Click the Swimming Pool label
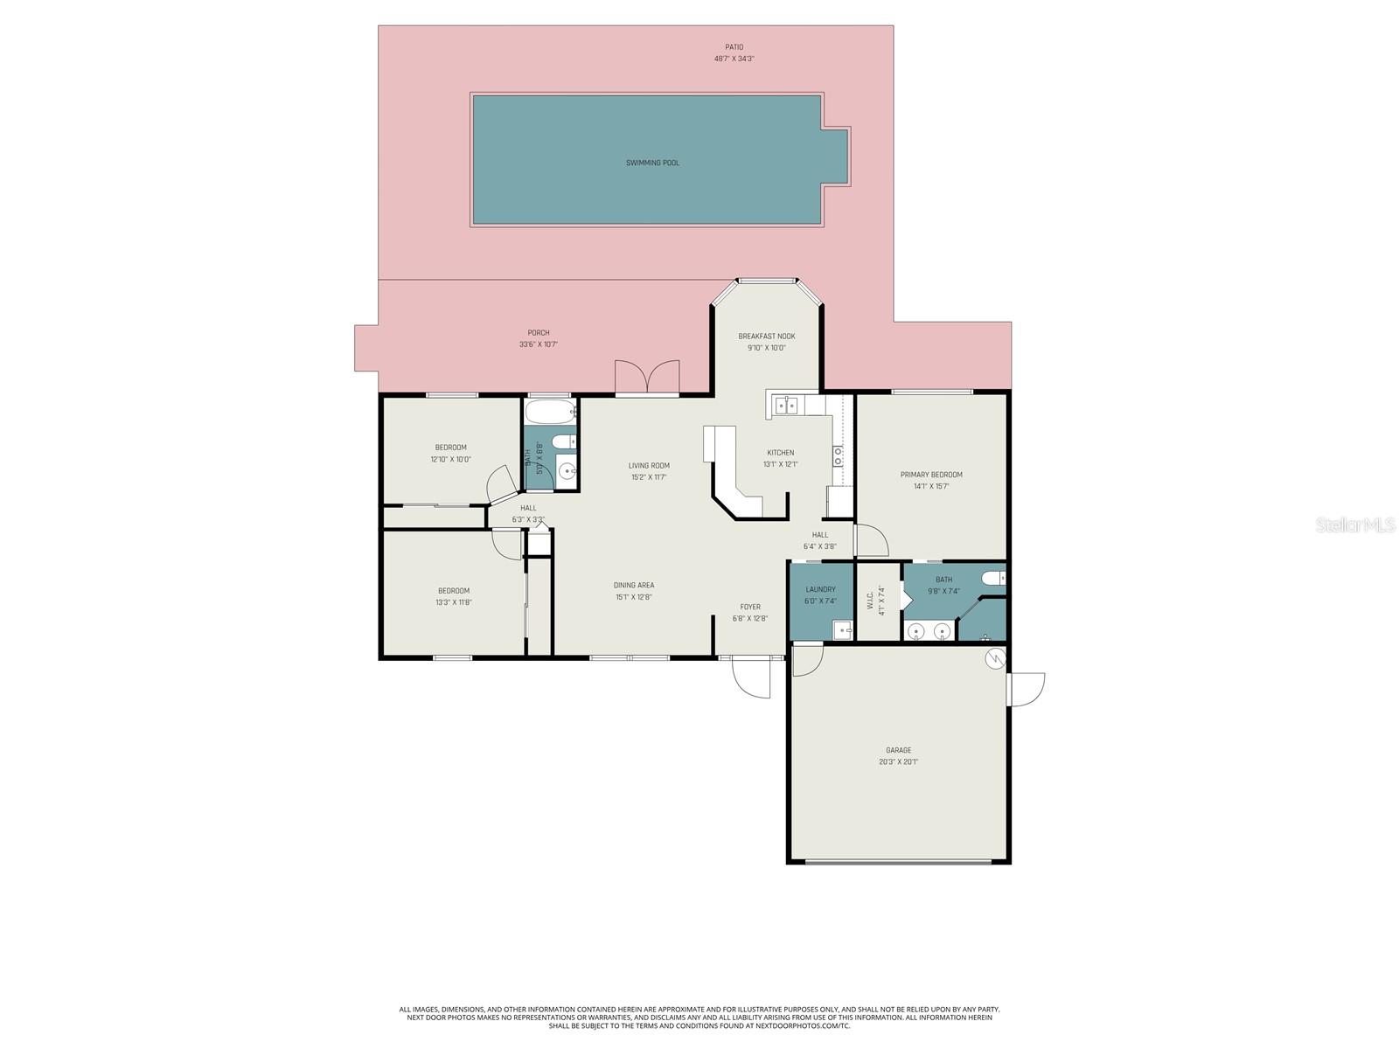652,163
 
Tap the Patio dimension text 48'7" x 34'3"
734,59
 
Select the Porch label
539,333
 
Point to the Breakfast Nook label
767,337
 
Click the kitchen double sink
786,404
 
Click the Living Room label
649,466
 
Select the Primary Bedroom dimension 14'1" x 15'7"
931,486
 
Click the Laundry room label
820,590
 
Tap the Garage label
898,751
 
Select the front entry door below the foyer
750,677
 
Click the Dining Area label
634,586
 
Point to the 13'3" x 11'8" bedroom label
454,596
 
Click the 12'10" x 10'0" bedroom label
450,453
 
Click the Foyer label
750,607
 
